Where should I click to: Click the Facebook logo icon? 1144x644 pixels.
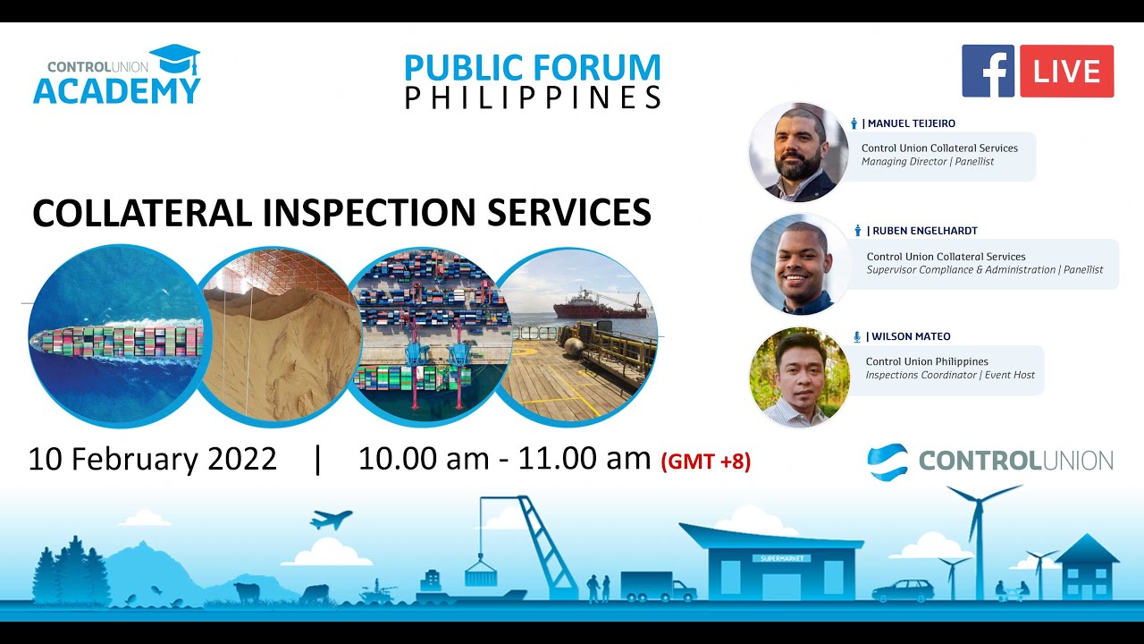point(988,71)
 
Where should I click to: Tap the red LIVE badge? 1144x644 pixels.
point(1066,71)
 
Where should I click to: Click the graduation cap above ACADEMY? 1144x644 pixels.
point(175,60)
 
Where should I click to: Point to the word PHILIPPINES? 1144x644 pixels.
point(533,97)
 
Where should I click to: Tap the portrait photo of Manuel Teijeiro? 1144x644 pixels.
point(798,152)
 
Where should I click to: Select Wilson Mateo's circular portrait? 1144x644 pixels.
point(798,376)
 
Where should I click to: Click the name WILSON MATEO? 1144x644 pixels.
point(908,336)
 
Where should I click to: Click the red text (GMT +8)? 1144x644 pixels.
point(705,462)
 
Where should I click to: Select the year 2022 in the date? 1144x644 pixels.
point(242,459)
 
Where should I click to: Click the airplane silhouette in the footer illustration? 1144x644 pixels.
point(331,519)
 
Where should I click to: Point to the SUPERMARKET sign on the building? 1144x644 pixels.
point(781,558)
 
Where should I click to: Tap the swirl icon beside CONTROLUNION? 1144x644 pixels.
point(887,461)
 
